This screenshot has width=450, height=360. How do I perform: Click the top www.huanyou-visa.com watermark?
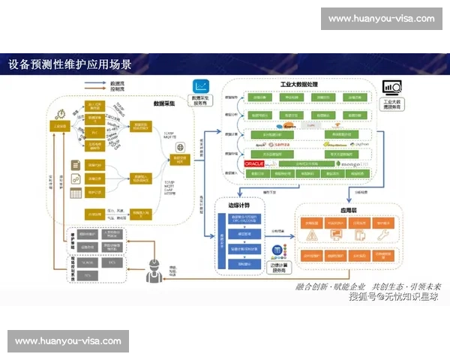(x=381, y=18)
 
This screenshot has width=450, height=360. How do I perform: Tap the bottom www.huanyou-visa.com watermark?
(x=68, y=340)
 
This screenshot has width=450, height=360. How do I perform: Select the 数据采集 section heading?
(x=164, y=103)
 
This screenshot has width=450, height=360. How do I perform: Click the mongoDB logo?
(x=352, y=163)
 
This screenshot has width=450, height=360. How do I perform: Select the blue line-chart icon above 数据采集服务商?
(x=201, y=86)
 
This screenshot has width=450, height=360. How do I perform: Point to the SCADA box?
(x=88, y=262)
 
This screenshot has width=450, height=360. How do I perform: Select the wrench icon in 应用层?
(x=383, y=235)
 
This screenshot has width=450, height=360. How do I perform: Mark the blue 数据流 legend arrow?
(x=96, y=82)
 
